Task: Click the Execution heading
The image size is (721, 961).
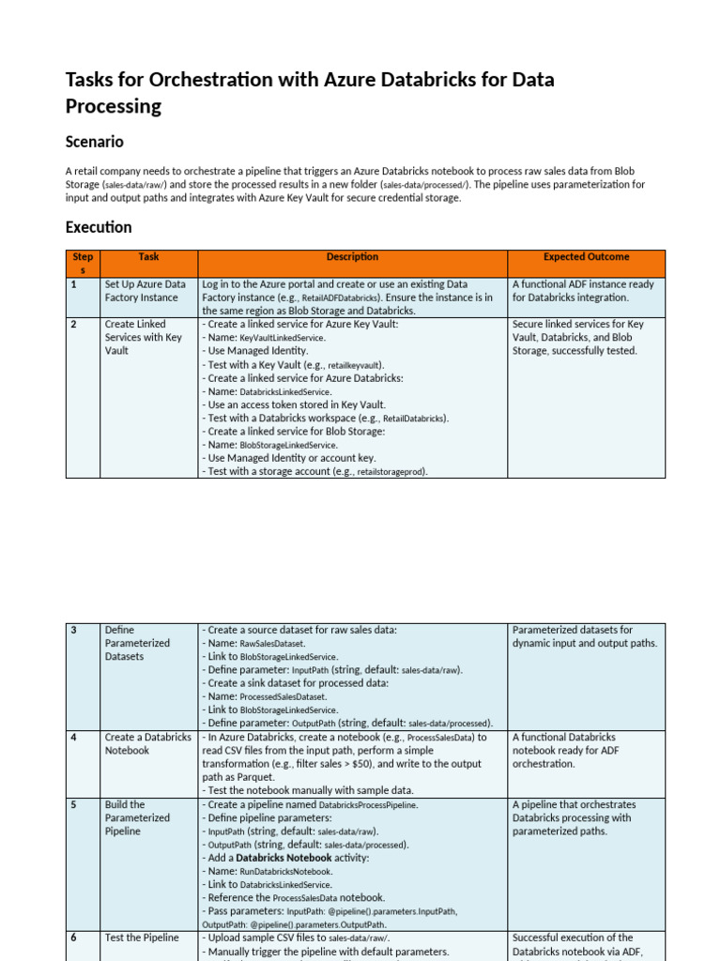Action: (x=99, y=227)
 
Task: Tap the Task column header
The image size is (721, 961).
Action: (x=148, y=257)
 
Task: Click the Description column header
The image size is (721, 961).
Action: (x=352, y=257)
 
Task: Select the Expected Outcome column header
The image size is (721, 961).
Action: (x=586, y=257)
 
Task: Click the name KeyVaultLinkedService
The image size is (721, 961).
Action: (x=283, y=338)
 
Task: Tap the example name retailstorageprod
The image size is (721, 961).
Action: (x=391, y=472)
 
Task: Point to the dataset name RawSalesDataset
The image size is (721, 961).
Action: (x=272, y=644)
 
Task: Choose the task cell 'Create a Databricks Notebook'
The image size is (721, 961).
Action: (x=147, y=744)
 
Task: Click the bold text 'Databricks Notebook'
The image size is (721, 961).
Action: (x=284, y=858)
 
